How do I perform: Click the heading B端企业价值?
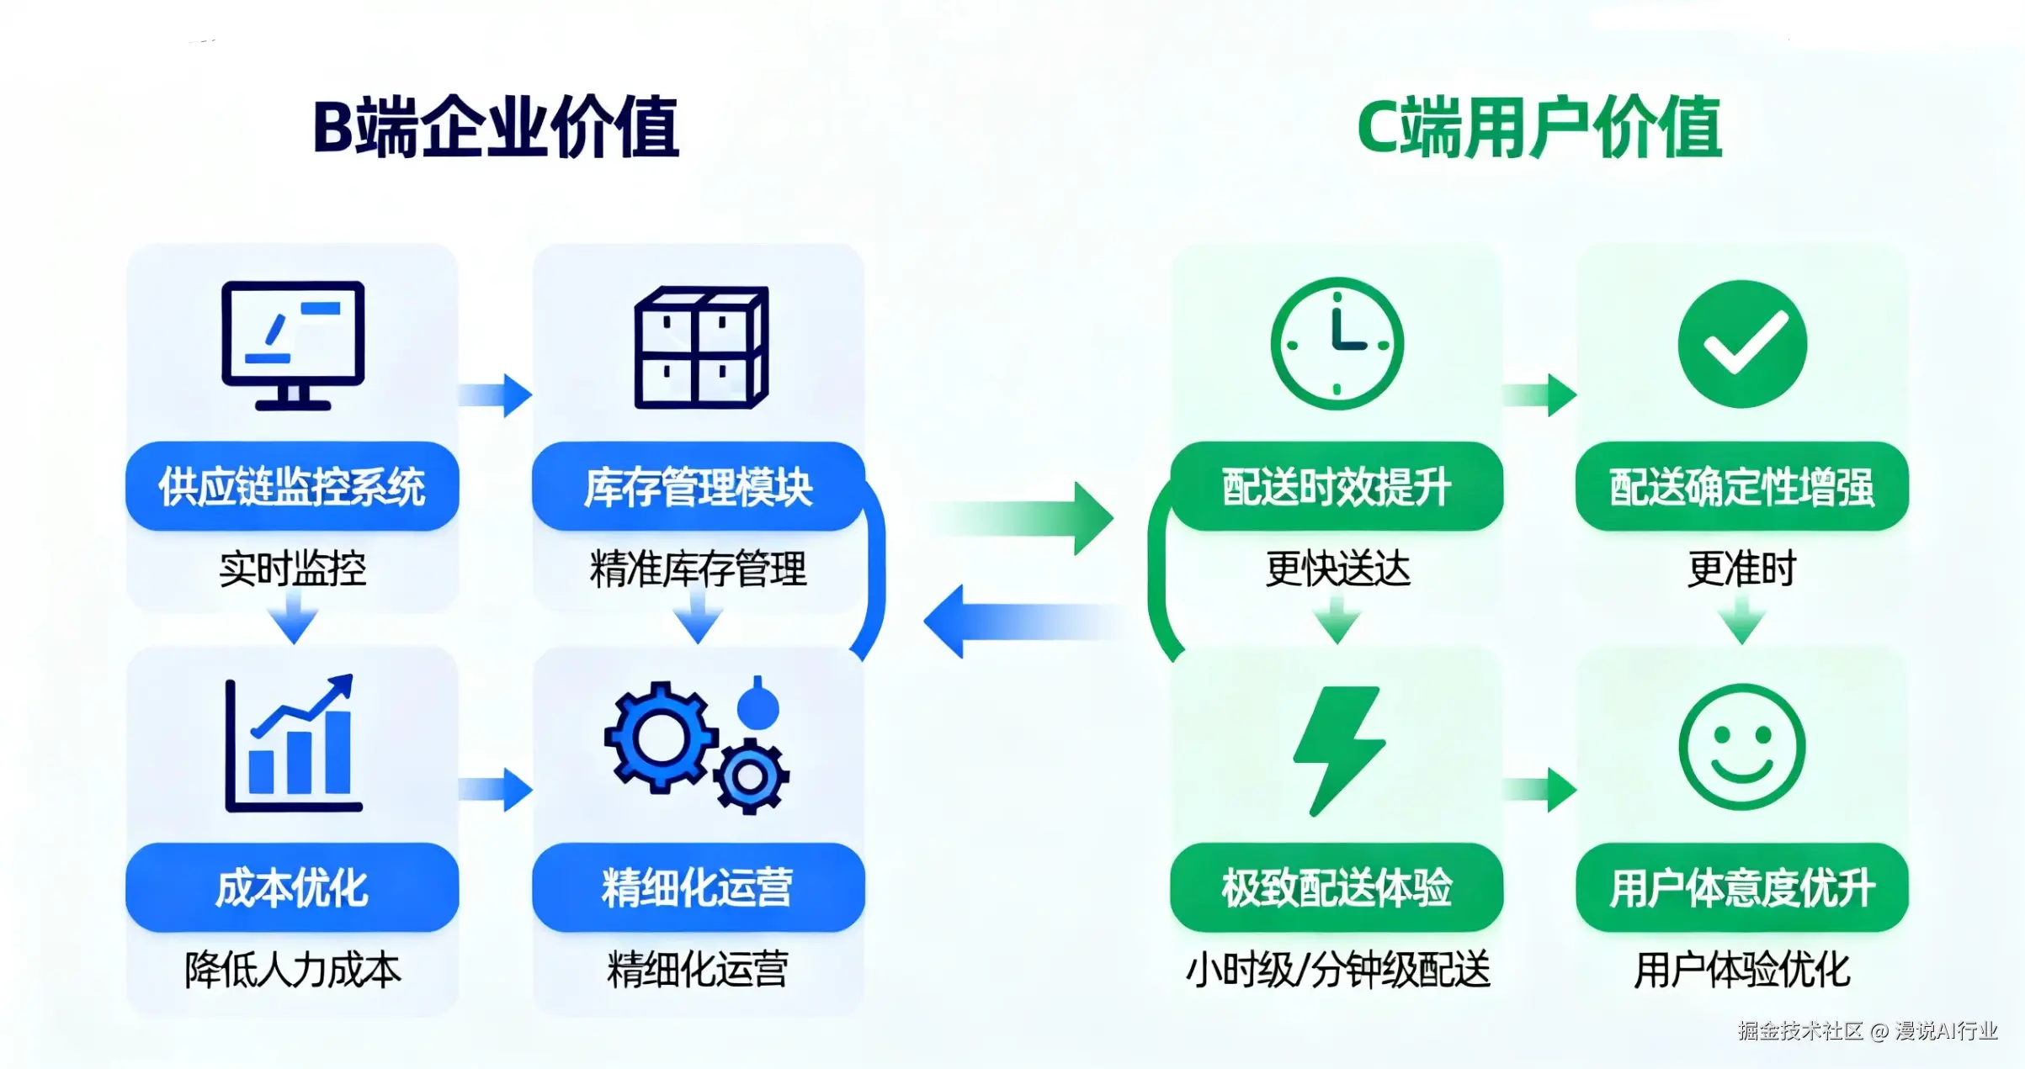click(x=496, y=127)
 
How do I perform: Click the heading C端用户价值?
click(x=1539, y=127)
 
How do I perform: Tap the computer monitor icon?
click(x=293, y=345)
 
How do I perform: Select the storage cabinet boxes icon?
click(x=700, y=347)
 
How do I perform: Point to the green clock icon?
click(x=1337, y=343)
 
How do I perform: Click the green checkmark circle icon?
click(x=1742, y=344)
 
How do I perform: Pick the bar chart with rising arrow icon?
click(x=292, y=744)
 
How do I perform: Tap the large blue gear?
click(x=661, y=738)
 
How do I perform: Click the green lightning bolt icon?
click(x=1338, y=749)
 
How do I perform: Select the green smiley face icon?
click(x=1742, y=747)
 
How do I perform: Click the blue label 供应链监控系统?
click(x=292, y=486)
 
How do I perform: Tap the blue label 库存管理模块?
click(x=699, y=486)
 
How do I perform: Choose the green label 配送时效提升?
click(x=1337, y=486)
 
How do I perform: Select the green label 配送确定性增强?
click(x=1742, y=486)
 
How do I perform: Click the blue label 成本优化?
click(x=292, y=887)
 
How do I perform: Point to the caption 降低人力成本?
click(x=292, y=970)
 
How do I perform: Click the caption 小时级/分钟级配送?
click(x=1337, y=970)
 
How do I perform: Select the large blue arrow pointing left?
click(x=1018, y=622)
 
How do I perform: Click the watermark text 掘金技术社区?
click(x=1800, y=1031)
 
